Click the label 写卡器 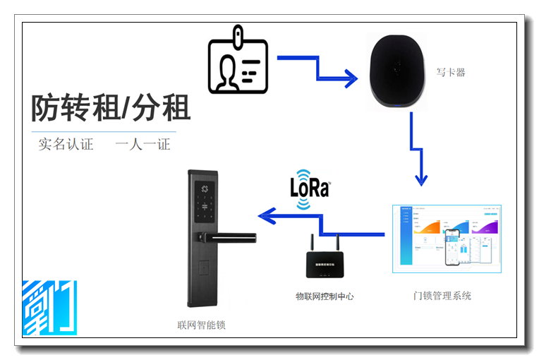click(x=452, y=72)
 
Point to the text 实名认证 click(x=66, y=145)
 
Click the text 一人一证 click(x=143, y=145)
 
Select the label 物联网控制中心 click(x=324, y=296)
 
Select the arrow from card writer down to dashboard click(x=416, y=149)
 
